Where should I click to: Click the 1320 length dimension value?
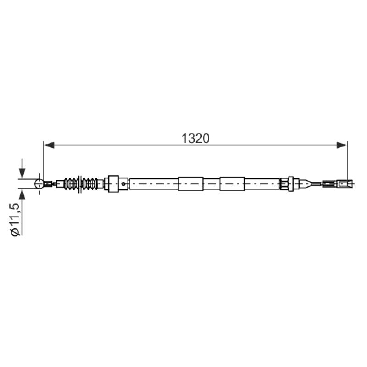pyautogui.click(x=195, y=139)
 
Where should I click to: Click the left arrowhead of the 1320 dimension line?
pyautogui.click(x=49, y=145)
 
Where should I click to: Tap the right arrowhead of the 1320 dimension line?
pyautogui.click(x=342, y=145)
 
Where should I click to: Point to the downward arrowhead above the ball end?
pyautogui.click(x=22, y=173)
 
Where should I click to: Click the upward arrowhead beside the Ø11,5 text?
pyautogui.click(x=22, y=194)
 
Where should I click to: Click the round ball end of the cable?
pyautogui.click(x=39, y=184)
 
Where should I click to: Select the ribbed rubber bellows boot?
pyautogui.click(x=81, y=184)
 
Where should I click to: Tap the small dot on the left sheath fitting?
pyautogui.click(x=123, y=184)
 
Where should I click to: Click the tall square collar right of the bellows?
pyautogui.click(x=113, y=184)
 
